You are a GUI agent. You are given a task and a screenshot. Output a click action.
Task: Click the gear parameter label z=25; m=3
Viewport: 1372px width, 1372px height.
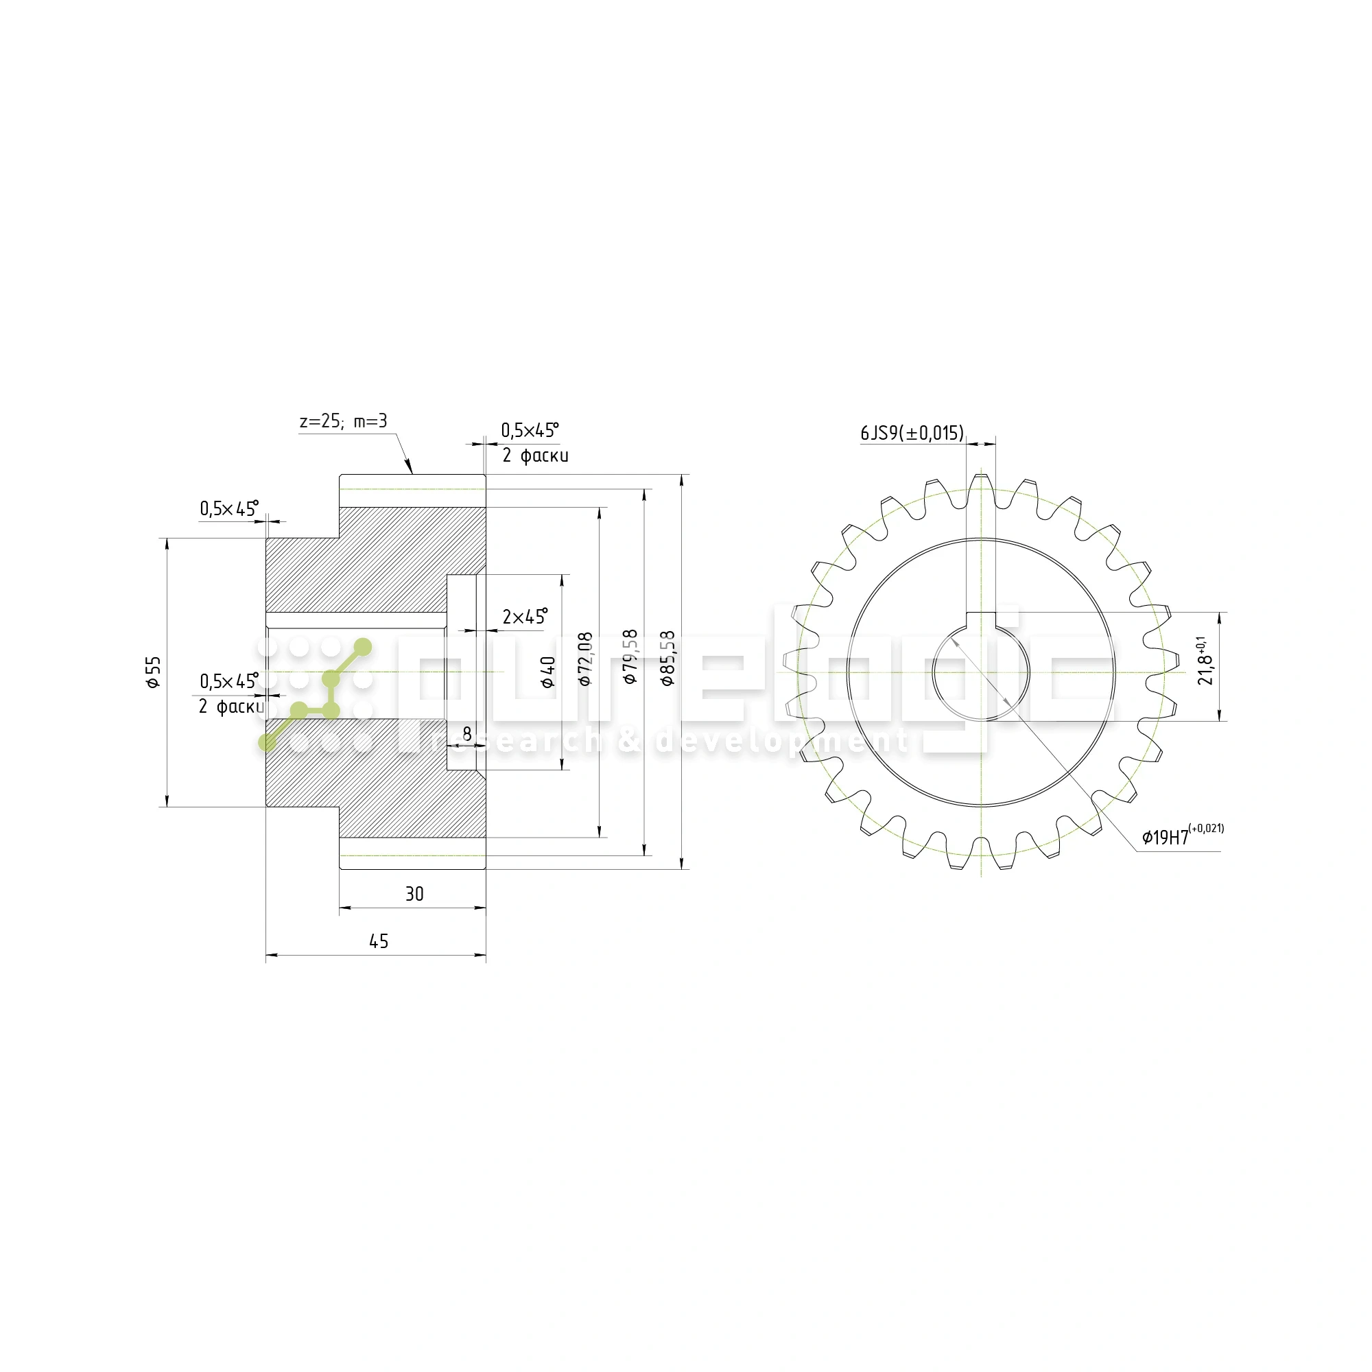pos(344,421)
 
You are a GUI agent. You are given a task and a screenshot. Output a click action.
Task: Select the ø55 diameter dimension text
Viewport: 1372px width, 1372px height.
pos(154,672)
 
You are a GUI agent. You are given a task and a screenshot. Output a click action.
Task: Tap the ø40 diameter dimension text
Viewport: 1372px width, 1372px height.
pos(547,672)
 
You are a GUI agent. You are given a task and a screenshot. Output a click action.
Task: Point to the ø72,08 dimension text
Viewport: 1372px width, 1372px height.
pos(585,659)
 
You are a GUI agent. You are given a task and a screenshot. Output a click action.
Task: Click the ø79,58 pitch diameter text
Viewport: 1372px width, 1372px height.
pos(630,657)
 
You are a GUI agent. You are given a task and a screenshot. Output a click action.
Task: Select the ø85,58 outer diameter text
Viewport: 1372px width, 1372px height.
pos(667,659)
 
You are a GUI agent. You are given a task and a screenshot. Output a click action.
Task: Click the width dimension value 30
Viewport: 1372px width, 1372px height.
pos(414,894)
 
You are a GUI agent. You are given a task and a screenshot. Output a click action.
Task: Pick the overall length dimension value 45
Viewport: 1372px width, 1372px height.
pos(379,942)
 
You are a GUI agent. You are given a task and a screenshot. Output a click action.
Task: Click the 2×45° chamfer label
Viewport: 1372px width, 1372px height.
pos(525,617)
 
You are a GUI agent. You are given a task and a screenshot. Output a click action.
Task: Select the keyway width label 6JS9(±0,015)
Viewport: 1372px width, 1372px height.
pos(912,433)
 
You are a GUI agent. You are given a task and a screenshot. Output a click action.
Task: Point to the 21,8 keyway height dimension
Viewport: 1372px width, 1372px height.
pos(1206,661)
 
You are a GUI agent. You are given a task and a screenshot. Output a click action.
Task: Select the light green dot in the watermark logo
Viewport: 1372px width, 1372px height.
pos(362,647)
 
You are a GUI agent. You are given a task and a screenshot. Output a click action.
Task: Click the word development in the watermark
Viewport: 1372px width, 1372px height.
pos(781,741)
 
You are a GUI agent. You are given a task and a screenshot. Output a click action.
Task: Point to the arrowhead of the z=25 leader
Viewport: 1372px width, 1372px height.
pos(410,469)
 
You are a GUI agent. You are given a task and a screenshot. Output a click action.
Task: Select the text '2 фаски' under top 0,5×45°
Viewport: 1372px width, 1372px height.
pos(536,456)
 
